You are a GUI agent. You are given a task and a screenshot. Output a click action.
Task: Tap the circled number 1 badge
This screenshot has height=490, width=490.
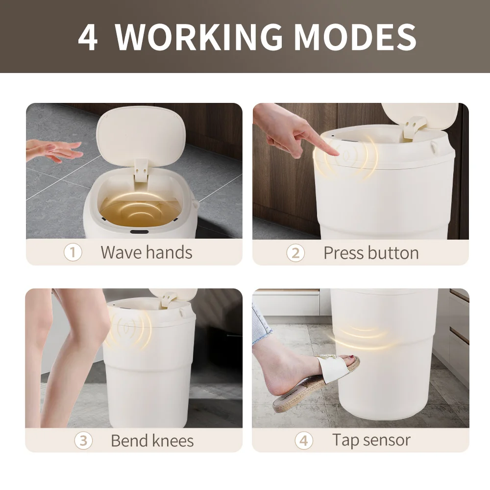73,253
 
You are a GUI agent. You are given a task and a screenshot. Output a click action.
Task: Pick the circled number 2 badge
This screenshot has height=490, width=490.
295,253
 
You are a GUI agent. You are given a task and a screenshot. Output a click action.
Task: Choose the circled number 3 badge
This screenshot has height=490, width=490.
83,441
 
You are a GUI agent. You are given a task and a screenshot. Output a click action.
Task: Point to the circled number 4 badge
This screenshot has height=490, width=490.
304,441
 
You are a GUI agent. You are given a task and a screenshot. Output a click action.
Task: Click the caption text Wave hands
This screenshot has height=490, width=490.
146,253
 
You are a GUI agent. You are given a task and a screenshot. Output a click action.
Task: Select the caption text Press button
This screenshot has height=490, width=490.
371,253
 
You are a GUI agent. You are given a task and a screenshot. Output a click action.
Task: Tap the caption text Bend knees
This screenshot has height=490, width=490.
152,441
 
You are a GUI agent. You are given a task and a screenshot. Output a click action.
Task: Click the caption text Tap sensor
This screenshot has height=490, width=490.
371,440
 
